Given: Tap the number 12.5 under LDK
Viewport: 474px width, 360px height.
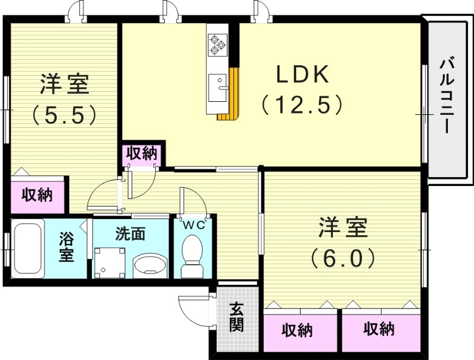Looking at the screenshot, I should click(x=302, y=105).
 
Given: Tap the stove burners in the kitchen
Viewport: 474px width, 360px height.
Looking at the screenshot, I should click(x=216, y=43).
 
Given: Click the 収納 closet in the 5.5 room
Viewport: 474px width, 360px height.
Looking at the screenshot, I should click(x=37, y=194).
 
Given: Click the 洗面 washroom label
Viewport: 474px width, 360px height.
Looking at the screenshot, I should click(x=130, y=233).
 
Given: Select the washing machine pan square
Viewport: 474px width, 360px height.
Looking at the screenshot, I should click(x=110, y=262).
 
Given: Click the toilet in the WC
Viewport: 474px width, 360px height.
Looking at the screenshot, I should click(x=192, y=256).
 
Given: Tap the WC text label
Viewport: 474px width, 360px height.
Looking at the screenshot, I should click(x=193, y=225).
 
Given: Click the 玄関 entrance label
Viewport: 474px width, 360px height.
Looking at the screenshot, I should click(x=236, y=317).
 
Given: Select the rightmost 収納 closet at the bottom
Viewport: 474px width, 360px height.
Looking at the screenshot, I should click(x=379, y=329).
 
